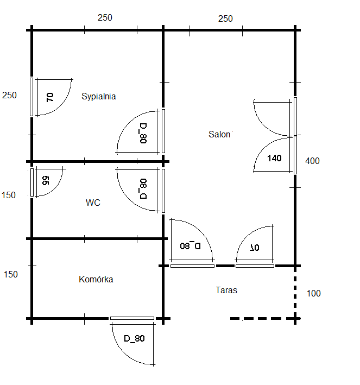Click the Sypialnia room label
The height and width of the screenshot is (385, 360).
coord(99,97)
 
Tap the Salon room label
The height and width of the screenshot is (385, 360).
coord(219,134)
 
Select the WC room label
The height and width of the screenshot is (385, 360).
coord(93,203)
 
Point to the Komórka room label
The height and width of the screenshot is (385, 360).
coord(96,280)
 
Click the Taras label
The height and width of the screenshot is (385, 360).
coord(226,290)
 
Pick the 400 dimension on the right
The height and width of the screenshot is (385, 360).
coord(313,161)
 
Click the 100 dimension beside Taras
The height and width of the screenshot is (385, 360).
coord(314,294)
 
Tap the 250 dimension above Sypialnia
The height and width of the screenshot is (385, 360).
coord(105,17)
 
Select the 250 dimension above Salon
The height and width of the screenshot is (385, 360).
coord(225,18)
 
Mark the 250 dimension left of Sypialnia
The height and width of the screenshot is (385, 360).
coord(10,95)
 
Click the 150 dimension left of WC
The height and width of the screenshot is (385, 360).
coord(10,195)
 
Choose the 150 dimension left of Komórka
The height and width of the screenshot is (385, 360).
coord(11,274)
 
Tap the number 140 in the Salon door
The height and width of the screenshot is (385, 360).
coord(275,159)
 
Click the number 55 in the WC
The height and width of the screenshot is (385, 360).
coord(46,181)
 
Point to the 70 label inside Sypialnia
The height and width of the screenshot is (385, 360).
coord(50,98)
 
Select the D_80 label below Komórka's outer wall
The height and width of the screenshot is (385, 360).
coord(134,339)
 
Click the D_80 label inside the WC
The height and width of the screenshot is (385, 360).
coord(143,190)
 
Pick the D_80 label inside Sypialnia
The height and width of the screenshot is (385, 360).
coord(143,132)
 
